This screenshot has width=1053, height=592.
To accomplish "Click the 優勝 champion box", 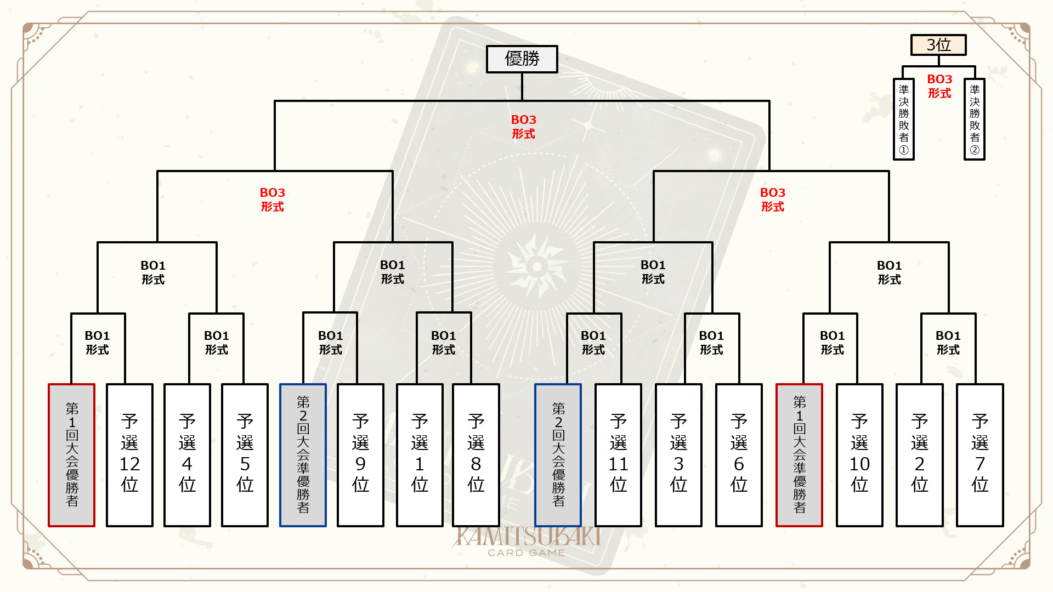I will point(522,59).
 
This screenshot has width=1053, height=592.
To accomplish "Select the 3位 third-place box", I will point(938,45).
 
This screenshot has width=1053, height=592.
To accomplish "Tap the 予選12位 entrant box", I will point(129,455).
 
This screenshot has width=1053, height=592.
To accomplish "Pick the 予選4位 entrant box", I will point(187,455).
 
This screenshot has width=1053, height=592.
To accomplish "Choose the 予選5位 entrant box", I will point(245,455).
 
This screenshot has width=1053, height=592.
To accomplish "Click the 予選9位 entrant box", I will point(360,455).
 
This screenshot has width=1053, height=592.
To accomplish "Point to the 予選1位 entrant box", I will point(420,455).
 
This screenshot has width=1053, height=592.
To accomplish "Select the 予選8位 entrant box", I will point(475,455).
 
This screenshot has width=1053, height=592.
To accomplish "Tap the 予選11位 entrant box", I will point(618,455).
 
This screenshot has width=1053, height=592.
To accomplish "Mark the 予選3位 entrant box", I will point(678,455).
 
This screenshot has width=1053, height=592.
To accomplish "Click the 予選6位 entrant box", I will point(739,455).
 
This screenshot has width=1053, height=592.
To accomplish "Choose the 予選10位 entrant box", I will point(859,455).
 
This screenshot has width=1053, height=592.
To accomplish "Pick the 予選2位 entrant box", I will point(920,455).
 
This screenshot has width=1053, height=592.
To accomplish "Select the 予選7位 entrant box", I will point(980,455).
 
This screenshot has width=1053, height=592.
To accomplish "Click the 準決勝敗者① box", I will point(904,119).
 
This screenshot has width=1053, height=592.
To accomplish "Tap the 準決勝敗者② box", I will point(975,119).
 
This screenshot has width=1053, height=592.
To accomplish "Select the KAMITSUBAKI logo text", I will point(526,537).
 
